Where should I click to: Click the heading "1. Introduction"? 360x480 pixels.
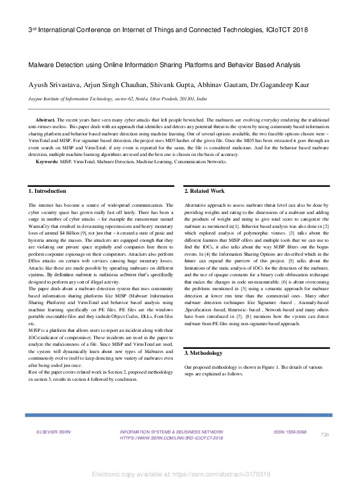pos(48,191)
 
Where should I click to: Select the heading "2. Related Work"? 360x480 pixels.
pos(205,191)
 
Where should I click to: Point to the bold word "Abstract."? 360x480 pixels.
pos(47,121)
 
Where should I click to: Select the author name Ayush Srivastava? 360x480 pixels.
pos(54,85)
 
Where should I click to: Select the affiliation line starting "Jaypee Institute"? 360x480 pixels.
pos(117,98)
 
